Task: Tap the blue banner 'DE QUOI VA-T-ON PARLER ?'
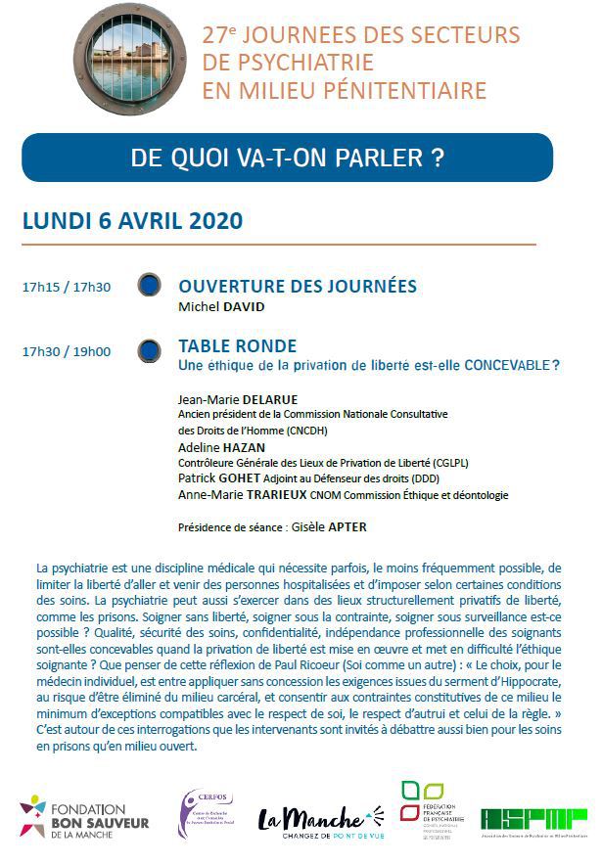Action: (x=287, y=159)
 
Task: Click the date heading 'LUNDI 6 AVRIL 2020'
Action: (x=132, y=219)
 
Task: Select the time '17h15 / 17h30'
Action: (x=67, y=287)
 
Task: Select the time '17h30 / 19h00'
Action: (x=67, y=352)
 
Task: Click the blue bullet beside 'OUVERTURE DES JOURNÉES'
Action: (x=150, y=286)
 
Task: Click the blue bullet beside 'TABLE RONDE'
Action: (x=150, y=349)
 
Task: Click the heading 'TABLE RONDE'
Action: (x=237, y=346)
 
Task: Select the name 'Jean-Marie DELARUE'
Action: (x=238, y=399)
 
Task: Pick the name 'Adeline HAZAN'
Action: (x=220, y=447)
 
